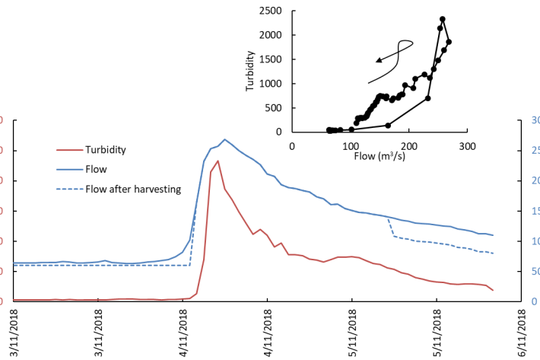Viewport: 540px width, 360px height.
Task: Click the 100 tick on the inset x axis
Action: (x=351, y=145)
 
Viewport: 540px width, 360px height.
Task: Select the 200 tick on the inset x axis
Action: (x=409, y=145)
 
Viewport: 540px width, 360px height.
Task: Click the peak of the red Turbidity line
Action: (x=218, y=161)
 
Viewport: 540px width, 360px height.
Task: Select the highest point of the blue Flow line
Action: (x=224, y=139)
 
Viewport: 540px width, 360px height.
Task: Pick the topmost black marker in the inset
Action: (x=443, y=19)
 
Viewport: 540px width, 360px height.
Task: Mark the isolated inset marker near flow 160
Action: (x=388, y=125)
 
